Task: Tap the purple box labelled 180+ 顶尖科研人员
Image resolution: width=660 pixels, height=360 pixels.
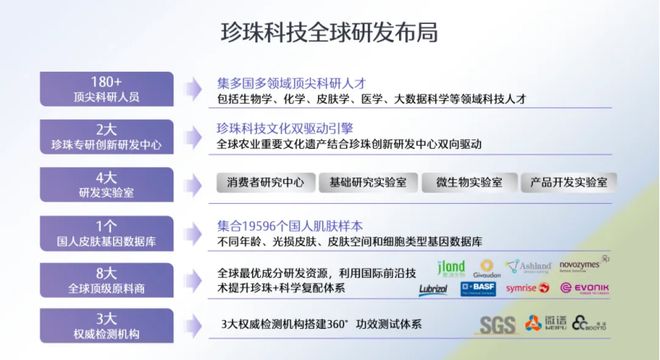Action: click(x=104, y=89)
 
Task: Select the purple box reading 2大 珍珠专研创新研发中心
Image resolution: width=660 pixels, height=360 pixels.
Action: click(x=104, y=137)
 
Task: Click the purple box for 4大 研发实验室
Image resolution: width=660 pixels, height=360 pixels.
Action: click(x=104, y=184)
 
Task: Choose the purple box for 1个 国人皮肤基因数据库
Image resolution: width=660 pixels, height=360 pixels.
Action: click(x=104, y=232)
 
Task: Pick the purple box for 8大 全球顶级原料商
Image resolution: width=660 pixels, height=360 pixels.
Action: click(x=104, y=279)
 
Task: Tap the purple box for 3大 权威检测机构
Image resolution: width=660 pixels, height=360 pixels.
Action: click(x=104, y=326)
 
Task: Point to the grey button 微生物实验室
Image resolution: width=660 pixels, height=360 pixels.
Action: click(x=469, y=183)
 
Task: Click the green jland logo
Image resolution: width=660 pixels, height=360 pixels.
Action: click(x=452, y=267)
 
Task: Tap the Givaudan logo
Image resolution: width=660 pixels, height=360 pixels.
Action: click(x=489, y=267)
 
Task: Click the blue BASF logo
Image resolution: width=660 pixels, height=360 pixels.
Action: click(x=478, y=289)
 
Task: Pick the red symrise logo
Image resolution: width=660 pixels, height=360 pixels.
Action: click(x=527, y=289)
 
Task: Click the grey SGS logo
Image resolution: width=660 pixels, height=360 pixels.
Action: click(x=497, y=325)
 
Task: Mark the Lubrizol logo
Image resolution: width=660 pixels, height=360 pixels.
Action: click(x=432, y=289)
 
